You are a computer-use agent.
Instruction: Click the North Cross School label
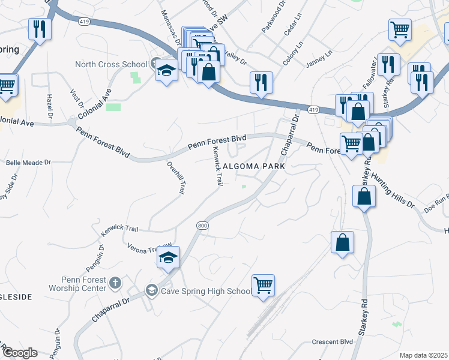tap(110, 65)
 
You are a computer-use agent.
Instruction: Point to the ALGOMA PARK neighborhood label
tap(253, 166)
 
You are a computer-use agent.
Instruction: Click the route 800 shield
tap(202, 225)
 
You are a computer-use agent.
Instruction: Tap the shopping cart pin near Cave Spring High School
tap(263, 286)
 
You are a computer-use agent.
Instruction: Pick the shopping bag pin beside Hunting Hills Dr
tap(364, 196)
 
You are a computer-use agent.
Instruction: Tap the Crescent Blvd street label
tap(332, 342)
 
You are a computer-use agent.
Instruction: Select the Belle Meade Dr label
tap(28, 163)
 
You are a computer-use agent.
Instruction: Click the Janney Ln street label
tap(319, 55)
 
